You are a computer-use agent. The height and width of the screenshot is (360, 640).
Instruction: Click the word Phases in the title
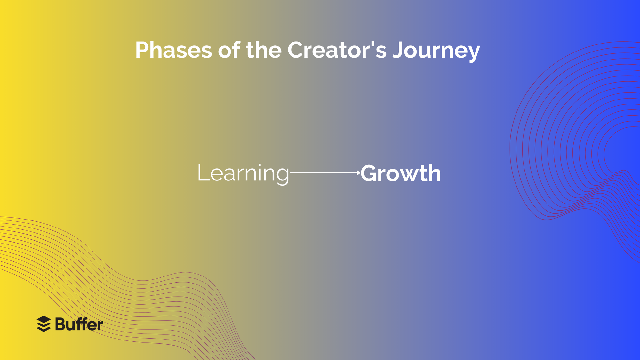pyautogui.click(x=173, y=50)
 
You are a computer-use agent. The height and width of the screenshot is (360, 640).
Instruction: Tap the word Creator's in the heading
pyautogui.click(x=337, y=50)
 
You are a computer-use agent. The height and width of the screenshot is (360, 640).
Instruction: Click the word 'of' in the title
pyautogui.click(x=229, y=50)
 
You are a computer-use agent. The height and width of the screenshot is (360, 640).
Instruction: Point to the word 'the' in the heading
pyautogui.click(x=263, y=50)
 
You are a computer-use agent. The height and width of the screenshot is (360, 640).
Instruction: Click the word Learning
pyautogui.click(x=243, y=173)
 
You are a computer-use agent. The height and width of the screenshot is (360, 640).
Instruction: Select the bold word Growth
pyautogui.click(x=401, y=173)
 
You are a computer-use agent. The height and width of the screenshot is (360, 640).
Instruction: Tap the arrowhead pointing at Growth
pyautogui.click(x=359, y=172)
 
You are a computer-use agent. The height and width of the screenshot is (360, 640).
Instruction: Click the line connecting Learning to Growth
pyautogui.click(x=323, y=172)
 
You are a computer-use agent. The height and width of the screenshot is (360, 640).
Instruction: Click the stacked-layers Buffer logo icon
pyautogui.click(x=44, y=324)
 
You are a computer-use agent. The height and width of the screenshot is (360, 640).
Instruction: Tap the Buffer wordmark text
pyautogui.click(x=79, y=324)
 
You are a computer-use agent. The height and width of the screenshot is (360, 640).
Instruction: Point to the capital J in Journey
pyautogui.click(x=398, y=50)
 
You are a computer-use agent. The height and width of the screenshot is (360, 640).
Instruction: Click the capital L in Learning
pyautogui.click(x=203, y=173)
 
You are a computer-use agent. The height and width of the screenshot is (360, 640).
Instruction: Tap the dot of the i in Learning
pyautogui.click(x=259, y=165)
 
